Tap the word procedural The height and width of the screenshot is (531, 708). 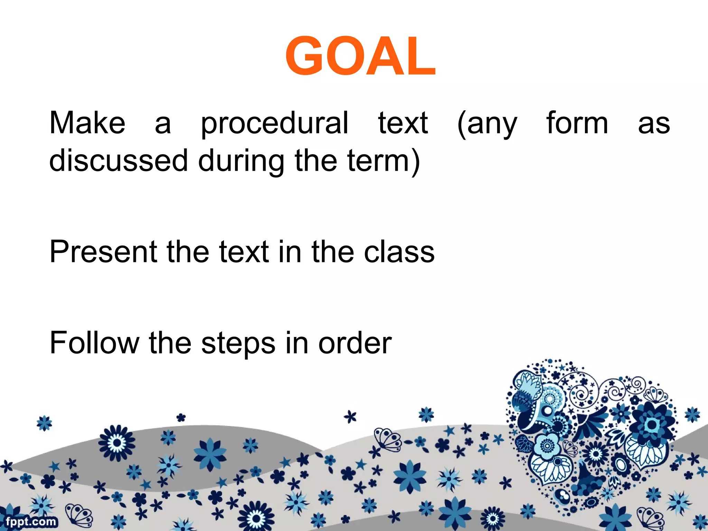tap(274, 124)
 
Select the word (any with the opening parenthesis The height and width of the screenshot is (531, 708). tap(487, 124)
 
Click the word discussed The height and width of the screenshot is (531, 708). tap(119, 161)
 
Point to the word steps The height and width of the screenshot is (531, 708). tap(238, 344)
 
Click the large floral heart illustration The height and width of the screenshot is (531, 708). tap(591, 439)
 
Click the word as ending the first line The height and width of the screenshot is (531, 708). tap(654, 124)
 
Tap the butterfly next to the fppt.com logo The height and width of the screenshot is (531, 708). tap(79, 515)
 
